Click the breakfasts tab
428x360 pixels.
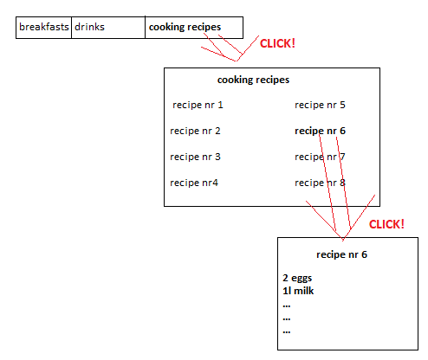pos(44,27)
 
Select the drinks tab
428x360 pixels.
pos(89,27)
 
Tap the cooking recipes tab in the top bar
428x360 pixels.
pos(185,27)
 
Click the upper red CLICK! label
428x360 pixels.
pos(277,42)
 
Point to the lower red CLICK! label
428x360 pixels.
pos(386,224)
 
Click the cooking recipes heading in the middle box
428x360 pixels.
pos(253,80)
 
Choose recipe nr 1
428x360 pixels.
pos(198,106)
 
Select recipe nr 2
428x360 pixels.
pos(195,132)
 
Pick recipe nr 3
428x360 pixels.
pos(195,157)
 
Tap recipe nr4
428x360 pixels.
pos(194,183)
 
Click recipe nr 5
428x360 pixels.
pos(320,106)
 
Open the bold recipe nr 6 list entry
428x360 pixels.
pos(320,132)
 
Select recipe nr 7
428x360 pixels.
pos(320,157)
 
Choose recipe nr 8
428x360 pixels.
pos(320,183)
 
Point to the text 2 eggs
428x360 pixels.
pos(296,279)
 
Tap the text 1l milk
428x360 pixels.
pos(297,291)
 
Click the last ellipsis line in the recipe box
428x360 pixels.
pos(286,330)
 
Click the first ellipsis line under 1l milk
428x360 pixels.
pos(286,304)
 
